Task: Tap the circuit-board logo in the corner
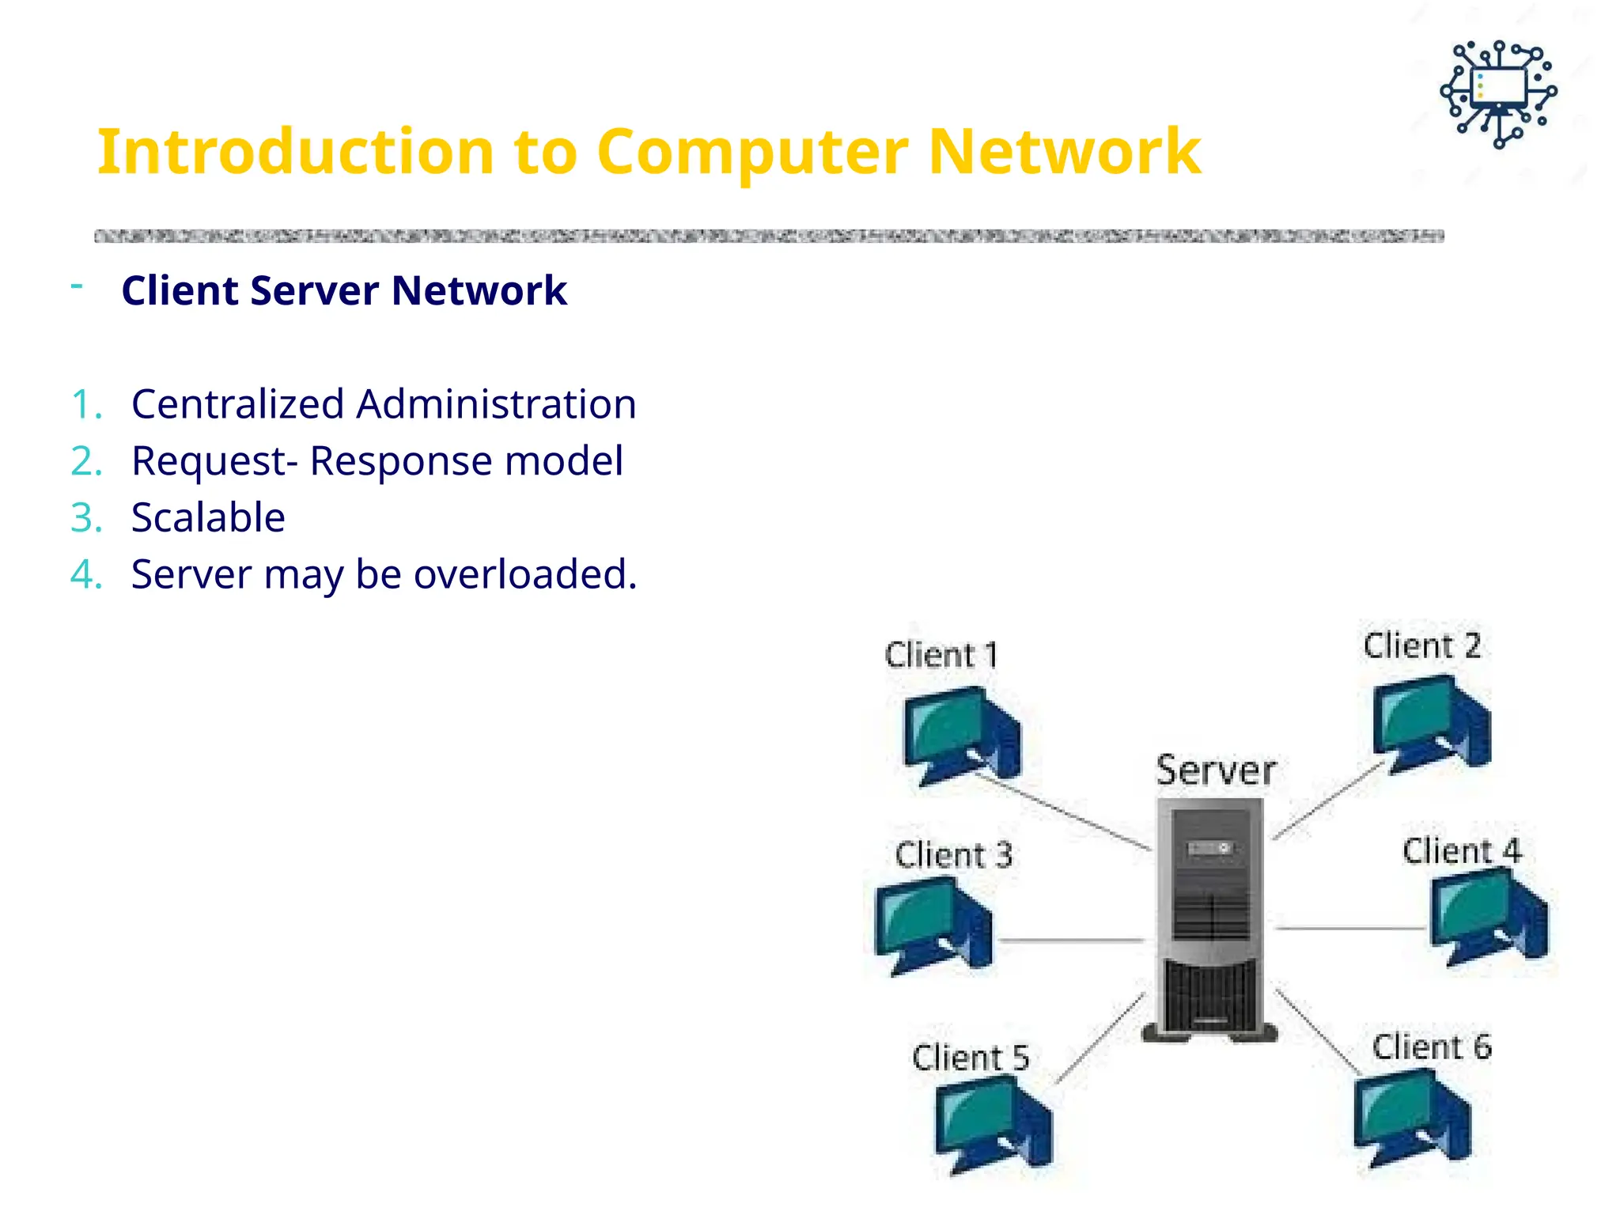(1498, 94)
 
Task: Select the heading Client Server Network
(344, 290)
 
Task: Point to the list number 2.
(85, 461)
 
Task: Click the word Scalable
(208, 518)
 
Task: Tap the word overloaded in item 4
(525, 574)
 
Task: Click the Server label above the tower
(1216, 770)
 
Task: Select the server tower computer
(1210, 918)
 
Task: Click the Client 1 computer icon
(961, 736)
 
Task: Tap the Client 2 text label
(1421, 646)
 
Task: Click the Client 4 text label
(1461, 852)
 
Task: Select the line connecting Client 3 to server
(1072, 941)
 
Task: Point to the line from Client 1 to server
(1064, 813)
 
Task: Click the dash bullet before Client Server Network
(77, 286)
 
